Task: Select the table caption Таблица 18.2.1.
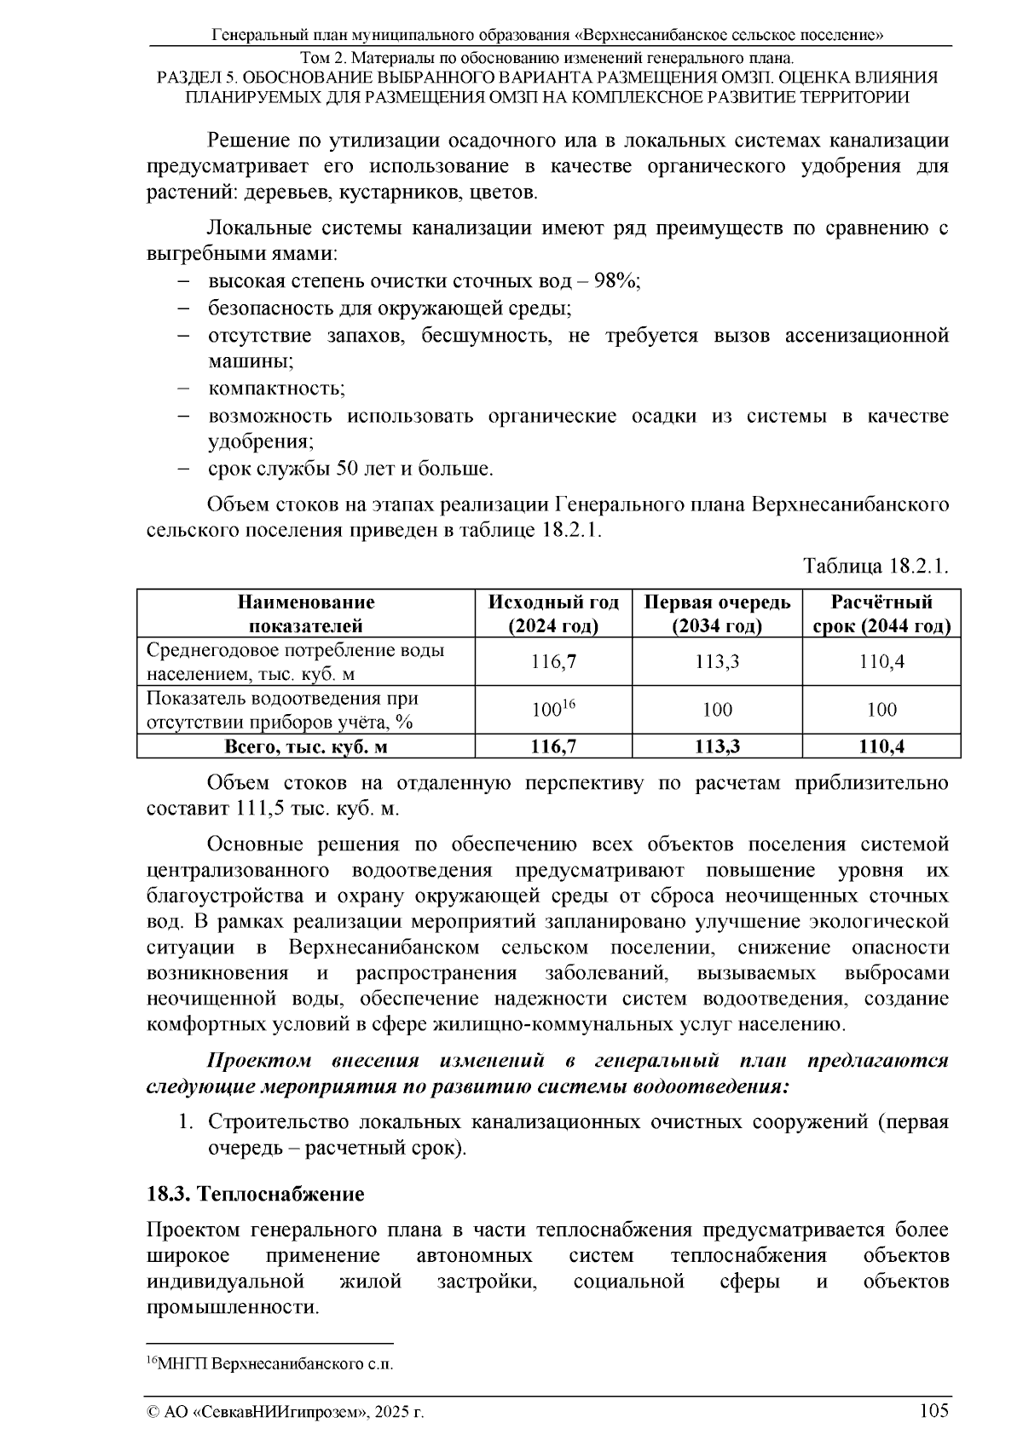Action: point(876,567)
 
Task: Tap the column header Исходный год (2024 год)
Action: point(553,614)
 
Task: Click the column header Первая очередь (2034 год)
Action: point(717,614)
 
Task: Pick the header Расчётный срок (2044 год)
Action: point(881,614)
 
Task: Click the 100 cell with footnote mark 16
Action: point(554,709)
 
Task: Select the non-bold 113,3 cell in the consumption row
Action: point(717,662)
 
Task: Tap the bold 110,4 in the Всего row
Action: point(881,746)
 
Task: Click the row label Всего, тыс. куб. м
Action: point(306,746)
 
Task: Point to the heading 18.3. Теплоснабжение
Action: point(256,1194)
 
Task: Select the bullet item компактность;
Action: point(276,389)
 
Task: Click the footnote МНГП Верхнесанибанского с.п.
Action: point(271,1363)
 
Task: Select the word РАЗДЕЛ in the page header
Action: point(188,78)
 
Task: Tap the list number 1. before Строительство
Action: point(185,1122)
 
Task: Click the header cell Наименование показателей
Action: point(306,614)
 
